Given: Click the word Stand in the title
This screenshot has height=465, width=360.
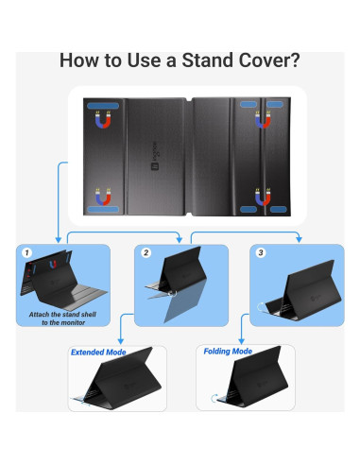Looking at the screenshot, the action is [208, 60].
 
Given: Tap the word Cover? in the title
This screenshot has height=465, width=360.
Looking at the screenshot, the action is [269, 60].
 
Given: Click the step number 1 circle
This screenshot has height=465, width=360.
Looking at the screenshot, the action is [27, 252].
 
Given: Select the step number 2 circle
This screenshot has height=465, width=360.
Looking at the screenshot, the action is [146, 252].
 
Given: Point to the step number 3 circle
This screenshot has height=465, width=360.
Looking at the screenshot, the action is [261, 252].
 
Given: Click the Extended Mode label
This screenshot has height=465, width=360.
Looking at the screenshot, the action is [98, 353].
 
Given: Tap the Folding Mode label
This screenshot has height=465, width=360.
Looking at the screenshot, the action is [228, 352].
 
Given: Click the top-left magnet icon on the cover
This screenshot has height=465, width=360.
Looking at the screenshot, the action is [103, 120].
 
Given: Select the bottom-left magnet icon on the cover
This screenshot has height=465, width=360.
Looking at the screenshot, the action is [103, 197].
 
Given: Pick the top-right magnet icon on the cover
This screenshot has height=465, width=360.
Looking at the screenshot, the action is [263, 120].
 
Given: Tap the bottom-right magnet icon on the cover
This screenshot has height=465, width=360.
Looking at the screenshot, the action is [263, 197].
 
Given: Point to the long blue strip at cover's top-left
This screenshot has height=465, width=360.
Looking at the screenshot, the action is [103, 106].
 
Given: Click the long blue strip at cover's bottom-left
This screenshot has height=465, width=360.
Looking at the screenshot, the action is [103, 209].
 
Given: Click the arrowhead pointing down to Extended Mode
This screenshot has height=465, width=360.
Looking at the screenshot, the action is [120, 341].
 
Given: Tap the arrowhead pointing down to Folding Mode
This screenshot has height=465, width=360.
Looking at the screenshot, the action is [242, 341].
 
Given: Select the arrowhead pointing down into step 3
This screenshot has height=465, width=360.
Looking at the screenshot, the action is [299, 239].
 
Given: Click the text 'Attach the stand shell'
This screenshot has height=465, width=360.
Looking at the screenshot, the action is [62, 315].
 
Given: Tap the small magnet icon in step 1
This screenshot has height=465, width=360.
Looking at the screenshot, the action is [53, 264].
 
